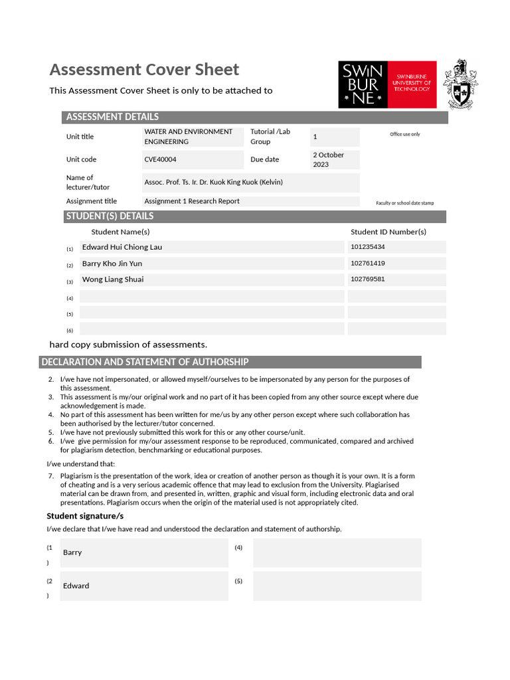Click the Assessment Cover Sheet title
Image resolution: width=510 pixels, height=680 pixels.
tap(144, 70)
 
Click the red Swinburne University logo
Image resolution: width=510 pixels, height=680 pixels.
tap(387, 84)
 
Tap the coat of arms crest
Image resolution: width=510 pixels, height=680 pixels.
tap(460, 84)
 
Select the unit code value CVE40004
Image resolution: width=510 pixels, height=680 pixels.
tap(161, 159)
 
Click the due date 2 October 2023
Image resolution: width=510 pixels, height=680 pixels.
tap(329, 159)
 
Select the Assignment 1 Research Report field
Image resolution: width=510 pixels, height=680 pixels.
tap(192, 201)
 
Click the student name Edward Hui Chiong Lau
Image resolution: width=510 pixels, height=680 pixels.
tap(122, 247)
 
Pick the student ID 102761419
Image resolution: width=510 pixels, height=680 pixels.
tap(368, 264)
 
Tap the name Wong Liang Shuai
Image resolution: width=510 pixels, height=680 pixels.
tap(113, 280)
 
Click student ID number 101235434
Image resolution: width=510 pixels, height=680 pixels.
tap(368, 247)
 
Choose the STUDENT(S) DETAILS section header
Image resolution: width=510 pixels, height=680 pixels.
tap(110, 216)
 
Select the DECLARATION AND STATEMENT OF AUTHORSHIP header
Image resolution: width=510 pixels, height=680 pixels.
tap(145, 362)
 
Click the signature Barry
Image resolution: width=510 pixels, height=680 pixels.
tap(72, 552)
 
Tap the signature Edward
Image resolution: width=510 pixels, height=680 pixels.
tap(76, 586)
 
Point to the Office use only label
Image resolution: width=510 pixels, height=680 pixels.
tap(404, 134)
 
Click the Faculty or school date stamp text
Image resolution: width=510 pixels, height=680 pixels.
tap(404, 203)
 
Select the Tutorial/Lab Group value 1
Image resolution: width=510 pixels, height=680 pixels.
tap(315, 137)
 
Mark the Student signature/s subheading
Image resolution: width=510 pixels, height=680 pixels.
tap(85, 516)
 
